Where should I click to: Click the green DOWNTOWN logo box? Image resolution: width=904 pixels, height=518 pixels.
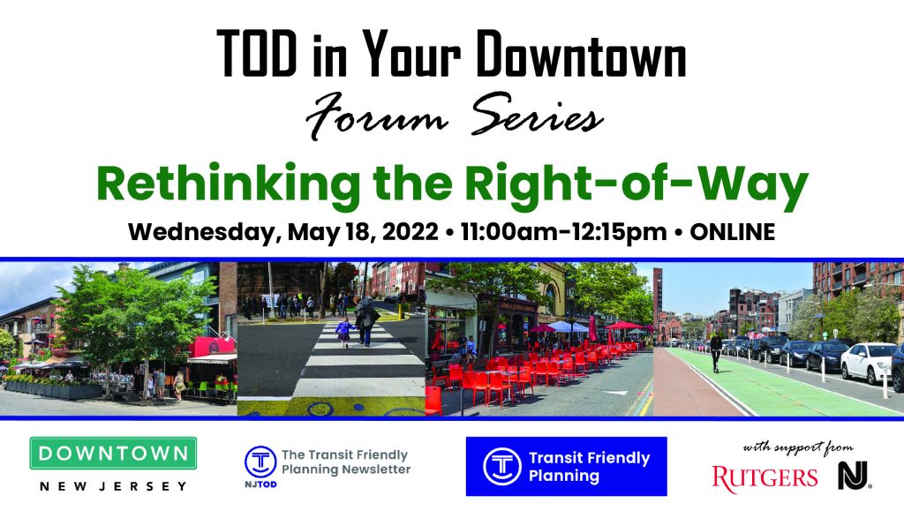113,454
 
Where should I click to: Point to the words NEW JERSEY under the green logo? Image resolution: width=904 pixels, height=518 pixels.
113,486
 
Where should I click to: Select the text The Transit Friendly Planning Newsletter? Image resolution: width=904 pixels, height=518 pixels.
345,462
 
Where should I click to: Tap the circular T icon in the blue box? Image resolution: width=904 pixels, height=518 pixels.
501,466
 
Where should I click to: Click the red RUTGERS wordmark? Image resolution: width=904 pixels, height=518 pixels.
765,477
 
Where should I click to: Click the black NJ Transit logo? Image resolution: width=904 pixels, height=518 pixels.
854,476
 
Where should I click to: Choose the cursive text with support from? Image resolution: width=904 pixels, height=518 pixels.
792,447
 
